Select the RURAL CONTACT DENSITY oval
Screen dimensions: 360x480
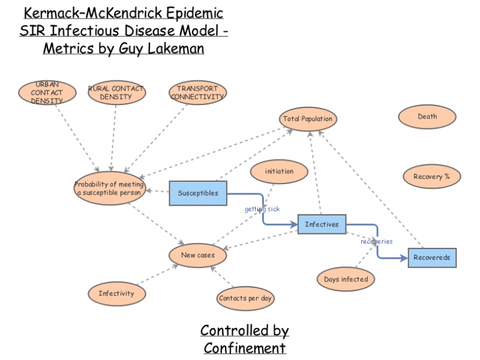pyautogui.click(x=116, y=93)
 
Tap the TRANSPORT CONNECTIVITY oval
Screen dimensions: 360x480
pyautogui.click(x=197, y=93)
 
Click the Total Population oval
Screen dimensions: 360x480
pyautogui.click(x=308, y=119)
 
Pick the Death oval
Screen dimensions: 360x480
pyautogui.click(x=427, y=117)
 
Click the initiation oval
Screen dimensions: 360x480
pyautogui.click(x=279, y=171)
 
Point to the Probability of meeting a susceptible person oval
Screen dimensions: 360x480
pyautogui.click(x=109, y=188)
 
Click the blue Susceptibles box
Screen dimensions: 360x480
pyautogui.click(x=197, y=193)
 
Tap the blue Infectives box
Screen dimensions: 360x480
pyautogui.click(x=322, y=224)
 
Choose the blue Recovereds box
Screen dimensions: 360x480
pyautogui.click(x=432, y=257)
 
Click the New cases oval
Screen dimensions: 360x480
pyautogui.click(x=197, y=256)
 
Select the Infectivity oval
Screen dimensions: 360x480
pyautogui.click(x=116, y=293)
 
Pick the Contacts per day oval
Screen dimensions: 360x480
pyautogui.click(x=245, y=298)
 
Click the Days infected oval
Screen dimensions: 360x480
pyautogui.click(x=346, y=279)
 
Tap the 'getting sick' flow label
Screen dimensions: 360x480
pyautogui.click(x=262, y=209)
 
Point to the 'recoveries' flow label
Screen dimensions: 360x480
pyautogui.click(x=376, y=241)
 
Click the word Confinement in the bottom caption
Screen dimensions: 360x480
pyautogui.click(x=244, y=347)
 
